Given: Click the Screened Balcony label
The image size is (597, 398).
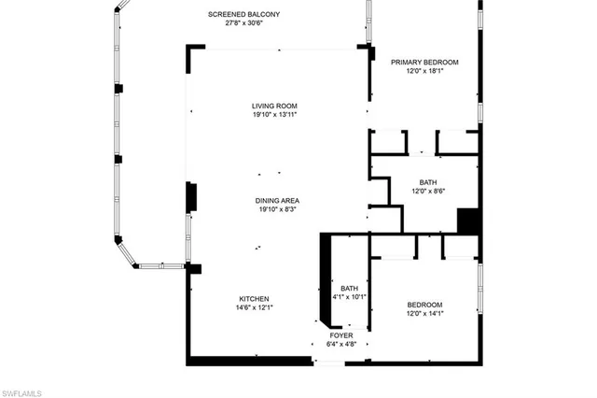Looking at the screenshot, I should (244, 15).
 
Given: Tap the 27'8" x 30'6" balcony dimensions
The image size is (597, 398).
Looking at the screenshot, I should (244, 24).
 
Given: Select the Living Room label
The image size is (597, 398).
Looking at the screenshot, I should (274, 106).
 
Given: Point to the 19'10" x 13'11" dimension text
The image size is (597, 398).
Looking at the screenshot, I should (274, 115).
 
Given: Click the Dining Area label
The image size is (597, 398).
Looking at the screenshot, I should (277, 201).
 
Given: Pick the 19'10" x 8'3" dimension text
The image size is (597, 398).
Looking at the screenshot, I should (277, 210).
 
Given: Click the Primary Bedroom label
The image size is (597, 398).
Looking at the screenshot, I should (424, 62).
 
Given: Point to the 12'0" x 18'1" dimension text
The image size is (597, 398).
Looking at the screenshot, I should (424, 71).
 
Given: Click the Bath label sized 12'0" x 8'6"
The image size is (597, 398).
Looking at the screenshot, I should (428, 182).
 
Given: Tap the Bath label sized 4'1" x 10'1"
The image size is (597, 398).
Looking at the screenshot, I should (350, 288).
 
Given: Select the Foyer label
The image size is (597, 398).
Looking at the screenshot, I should (341, 334).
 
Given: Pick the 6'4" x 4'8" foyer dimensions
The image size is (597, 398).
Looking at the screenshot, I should (341, 344).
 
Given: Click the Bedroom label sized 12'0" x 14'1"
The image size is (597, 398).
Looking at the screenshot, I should (424, 305).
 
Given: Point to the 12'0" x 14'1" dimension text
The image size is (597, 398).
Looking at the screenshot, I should (424, 314).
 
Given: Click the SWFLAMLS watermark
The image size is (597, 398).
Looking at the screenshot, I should (22, 391).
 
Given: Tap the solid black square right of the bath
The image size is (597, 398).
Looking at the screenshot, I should (468, 221).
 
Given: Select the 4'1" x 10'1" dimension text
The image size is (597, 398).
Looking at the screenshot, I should (350, 297).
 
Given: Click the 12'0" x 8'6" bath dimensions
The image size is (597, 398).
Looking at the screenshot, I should (428, 192).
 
